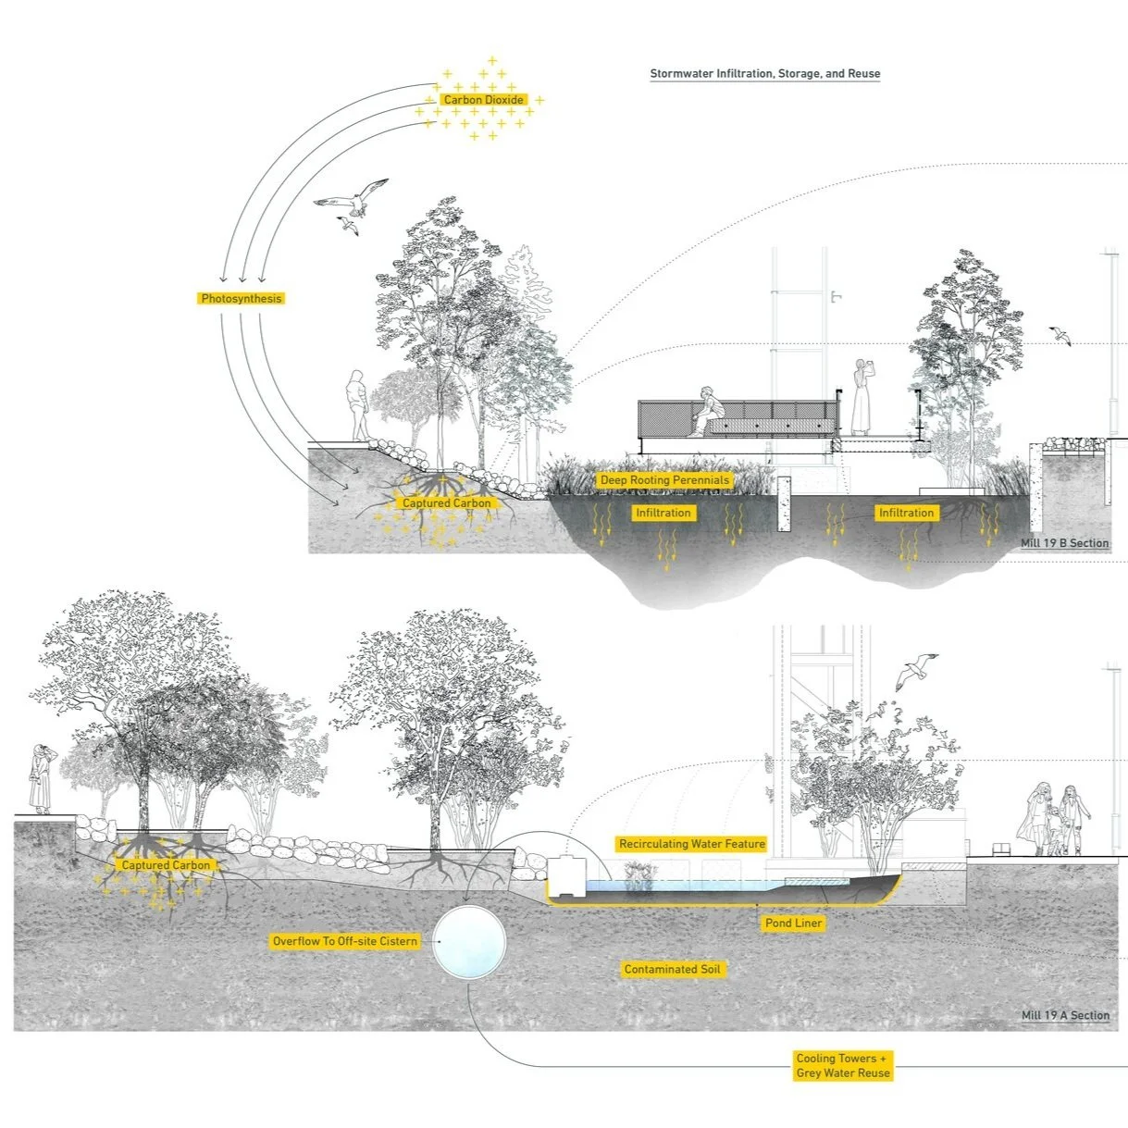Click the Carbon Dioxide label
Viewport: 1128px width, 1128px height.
coord(483,100)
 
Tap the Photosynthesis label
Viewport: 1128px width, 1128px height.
coord(242,299)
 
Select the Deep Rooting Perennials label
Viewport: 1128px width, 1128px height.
coord(664,480)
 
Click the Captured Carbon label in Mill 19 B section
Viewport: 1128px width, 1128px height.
coord(447,503)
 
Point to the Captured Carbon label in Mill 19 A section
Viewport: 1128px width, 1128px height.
coord(167,865)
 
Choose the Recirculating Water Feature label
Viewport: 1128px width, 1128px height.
coord(692,844)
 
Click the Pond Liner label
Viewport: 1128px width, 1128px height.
coord(794,923)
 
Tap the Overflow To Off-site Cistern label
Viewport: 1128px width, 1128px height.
coord(345,941)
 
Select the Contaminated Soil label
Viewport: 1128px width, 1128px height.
coord(673,969)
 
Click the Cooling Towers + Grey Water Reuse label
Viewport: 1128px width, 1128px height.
coord(842,1065)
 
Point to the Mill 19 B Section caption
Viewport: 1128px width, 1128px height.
coord(1064,543)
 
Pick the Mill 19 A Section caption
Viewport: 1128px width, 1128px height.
coord(1065,1015)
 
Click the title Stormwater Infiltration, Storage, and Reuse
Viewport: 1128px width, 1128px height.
coord(764,74)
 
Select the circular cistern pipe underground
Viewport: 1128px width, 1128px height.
coord(469,942)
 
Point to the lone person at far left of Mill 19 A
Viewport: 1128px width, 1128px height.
coord(42,779)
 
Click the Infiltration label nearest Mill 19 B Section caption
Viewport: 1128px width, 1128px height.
coord(906,513)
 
